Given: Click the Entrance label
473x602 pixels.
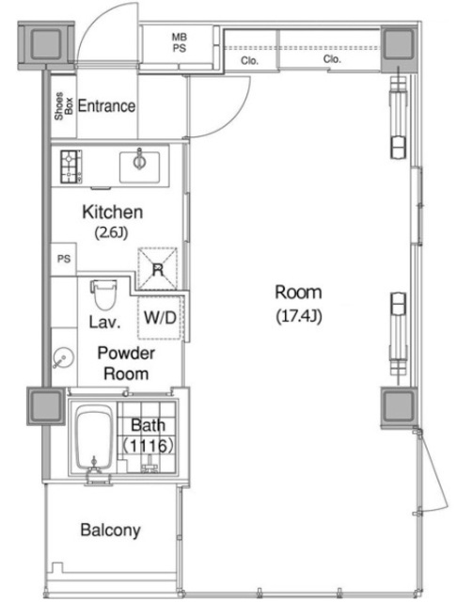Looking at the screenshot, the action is click(106, 106).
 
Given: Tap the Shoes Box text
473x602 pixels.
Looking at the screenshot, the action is click(64, 106).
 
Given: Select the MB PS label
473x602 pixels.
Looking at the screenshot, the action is click(179, 42).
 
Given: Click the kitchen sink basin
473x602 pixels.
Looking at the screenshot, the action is click(139, 167).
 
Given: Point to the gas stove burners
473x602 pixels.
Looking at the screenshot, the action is click(71, 166).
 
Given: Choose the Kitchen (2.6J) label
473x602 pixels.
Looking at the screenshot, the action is click(112, 221).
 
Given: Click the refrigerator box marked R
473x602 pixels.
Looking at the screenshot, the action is click(157, 269).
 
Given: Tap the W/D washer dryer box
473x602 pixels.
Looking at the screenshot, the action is click(160, 318).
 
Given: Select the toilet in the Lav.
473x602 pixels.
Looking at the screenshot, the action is click(103, 294).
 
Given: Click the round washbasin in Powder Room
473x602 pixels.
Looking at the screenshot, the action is click(63, 357).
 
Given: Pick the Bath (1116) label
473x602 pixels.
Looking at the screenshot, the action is click(149, 436).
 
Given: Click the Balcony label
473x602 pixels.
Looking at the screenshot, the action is click(110, 531).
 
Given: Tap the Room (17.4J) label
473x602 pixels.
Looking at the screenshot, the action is click(299, 304).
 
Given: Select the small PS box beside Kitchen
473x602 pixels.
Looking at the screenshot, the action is click(64, 259).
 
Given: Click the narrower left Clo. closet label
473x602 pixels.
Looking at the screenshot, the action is click(249, 60).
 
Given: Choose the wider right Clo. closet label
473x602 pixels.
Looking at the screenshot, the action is click(332, 59).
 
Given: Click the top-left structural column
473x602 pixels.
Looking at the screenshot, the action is click(46, 44).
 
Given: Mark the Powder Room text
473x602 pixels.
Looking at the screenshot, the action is click(126, 363).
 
